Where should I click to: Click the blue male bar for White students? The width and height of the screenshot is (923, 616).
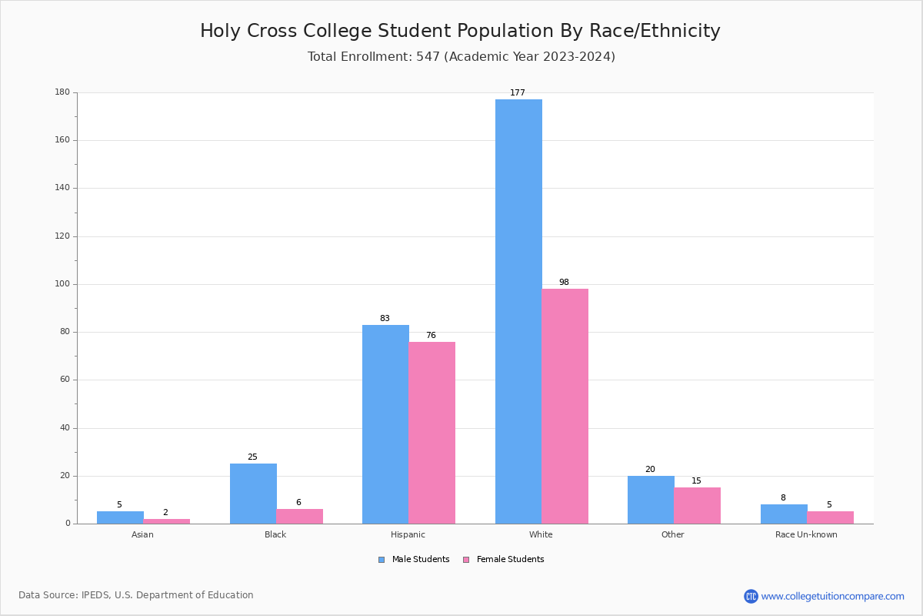point(518,311)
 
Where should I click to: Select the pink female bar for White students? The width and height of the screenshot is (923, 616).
point(565,406)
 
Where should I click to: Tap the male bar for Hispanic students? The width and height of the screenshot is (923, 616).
point(385,424)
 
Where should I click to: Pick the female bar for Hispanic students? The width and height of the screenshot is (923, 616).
point(432,433)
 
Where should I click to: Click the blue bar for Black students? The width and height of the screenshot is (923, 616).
point(253,494)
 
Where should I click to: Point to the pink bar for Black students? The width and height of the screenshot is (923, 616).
point(299,517)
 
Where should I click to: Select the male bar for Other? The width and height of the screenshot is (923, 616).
point(651,500)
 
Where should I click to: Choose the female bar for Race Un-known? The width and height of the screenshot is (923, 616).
point(830,517)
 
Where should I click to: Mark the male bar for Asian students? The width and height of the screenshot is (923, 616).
point(120,517)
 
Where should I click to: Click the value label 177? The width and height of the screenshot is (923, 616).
point(518,93)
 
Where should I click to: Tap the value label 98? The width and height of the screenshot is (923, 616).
point(564,283)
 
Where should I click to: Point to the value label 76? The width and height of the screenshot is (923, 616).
point(431,336)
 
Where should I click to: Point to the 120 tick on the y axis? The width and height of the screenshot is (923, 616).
point(62,236)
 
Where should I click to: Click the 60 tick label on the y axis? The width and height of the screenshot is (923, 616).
point(64,380)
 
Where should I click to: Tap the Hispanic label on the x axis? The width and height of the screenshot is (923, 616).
point(408,535)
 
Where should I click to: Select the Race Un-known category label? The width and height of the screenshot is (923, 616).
point(806,535)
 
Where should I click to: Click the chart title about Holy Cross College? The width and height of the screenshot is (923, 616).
point(460,32)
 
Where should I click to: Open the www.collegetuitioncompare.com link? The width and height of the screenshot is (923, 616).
point(832,597)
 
